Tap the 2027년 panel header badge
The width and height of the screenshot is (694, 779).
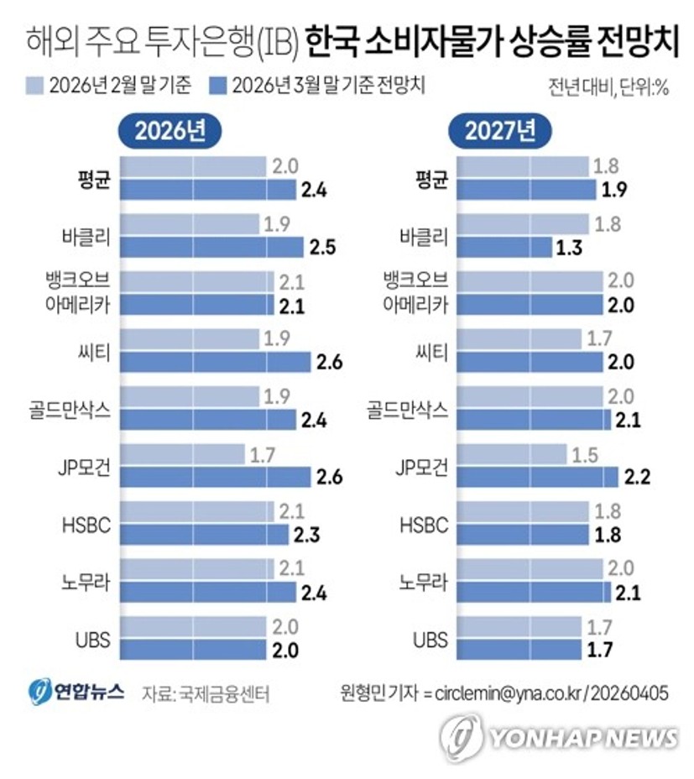(498, 132)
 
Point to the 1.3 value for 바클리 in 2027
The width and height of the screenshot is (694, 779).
(569, 247)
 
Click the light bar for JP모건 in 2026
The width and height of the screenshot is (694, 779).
(182, 455)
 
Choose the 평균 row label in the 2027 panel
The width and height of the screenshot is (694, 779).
(432, 179)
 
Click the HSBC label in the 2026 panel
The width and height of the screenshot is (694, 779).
(87, 525)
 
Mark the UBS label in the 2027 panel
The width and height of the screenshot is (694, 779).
(430, 640)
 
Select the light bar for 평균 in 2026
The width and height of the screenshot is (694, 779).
(194, 166)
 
